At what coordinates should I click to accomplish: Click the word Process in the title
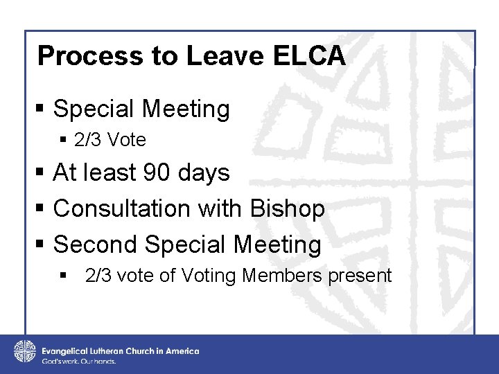(76, 56)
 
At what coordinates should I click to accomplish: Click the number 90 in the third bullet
(155, 172)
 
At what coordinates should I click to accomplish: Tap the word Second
(96, 244)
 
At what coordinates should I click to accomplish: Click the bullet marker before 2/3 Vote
(64, 141)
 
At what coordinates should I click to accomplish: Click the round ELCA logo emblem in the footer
(25, 351)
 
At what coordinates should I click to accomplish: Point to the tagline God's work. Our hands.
(78, 362)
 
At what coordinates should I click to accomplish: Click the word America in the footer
(182, 351)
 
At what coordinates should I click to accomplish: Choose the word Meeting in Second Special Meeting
(277, 244)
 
